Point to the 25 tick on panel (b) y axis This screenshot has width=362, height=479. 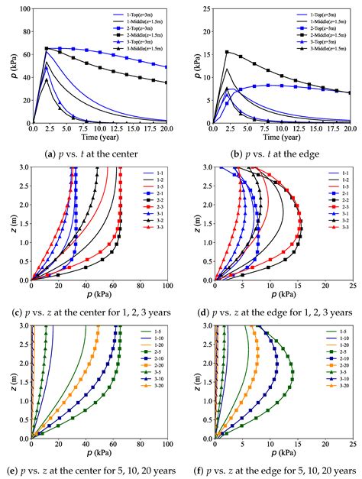(206, 10)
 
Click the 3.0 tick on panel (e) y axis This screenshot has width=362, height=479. (23, 325)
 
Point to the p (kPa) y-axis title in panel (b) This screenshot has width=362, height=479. (192, 66)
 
